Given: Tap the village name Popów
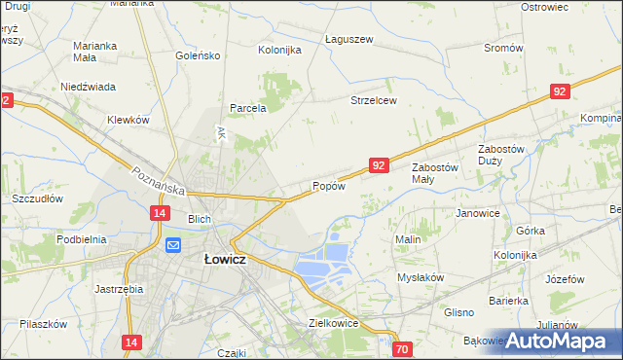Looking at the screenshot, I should pos(329,186).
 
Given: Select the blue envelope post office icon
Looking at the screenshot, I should pos(172,246).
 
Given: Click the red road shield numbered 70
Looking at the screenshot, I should pos(403,348).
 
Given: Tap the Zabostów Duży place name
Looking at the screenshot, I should pos(501,155).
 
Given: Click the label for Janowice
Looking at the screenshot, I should pos(477,213).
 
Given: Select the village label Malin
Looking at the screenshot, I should pos(407,238).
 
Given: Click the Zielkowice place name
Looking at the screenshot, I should pos(334,322).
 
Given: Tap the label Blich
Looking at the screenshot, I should pos(200,219).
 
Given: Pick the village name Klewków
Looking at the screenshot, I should pos(128,120).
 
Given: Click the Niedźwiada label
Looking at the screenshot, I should pos(89,86).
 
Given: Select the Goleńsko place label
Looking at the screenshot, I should pos(199,55).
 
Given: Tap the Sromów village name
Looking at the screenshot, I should pos(503,48).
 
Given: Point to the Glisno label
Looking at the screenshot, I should pos(458,312).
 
